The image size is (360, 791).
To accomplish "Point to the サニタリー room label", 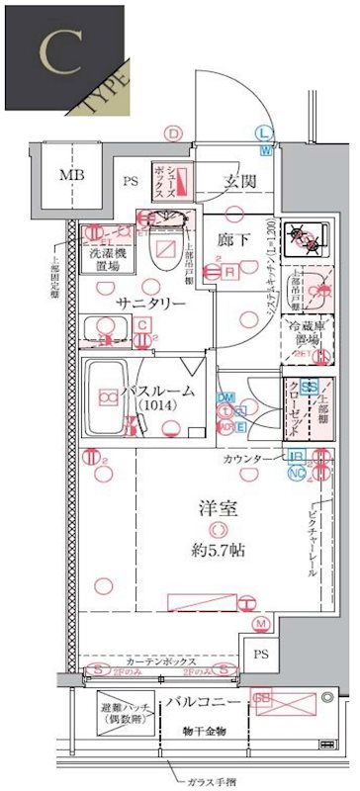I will tap(149, 303).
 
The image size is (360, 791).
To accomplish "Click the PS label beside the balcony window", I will tap(259, 656).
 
